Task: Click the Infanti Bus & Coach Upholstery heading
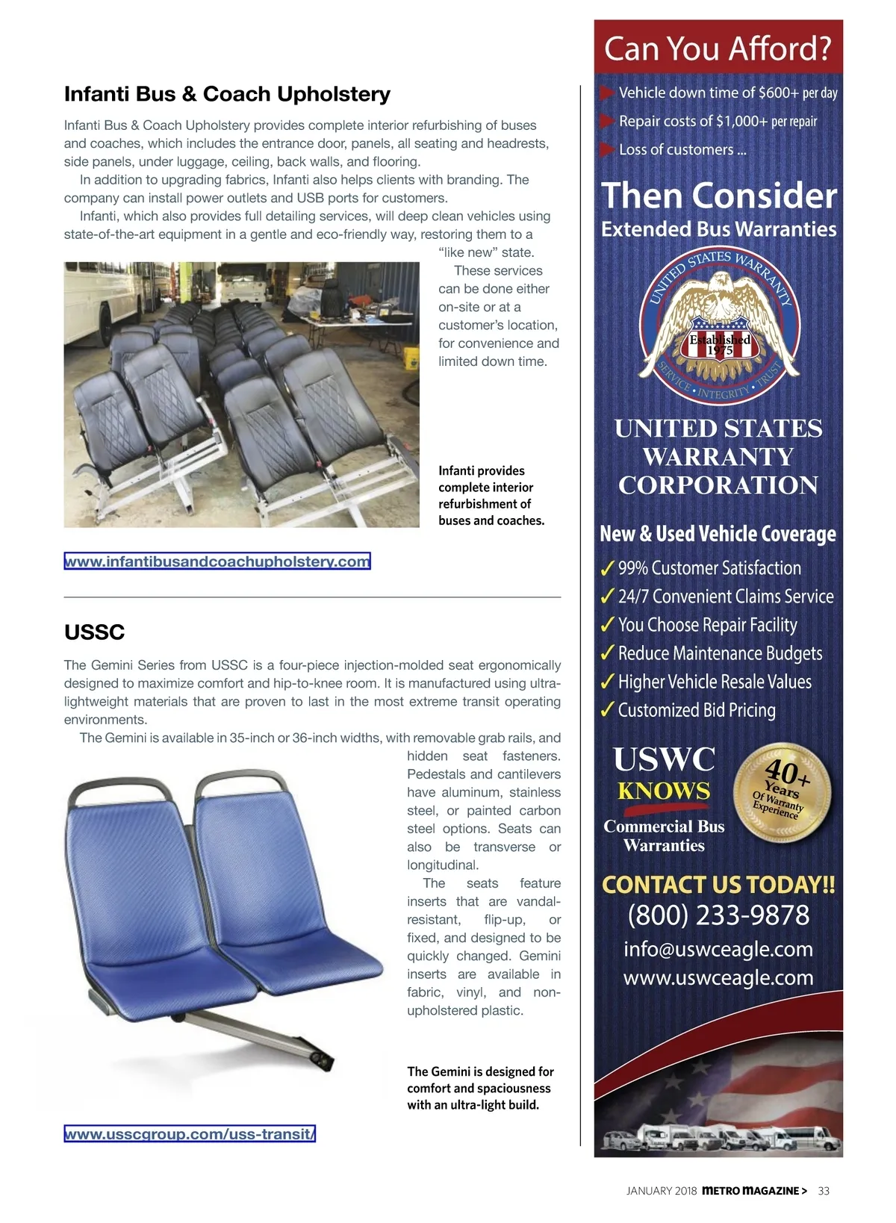[x=227, y=94]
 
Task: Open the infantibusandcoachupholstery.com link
[x=217, y=561]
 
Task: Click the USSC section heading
[x=94, y=632]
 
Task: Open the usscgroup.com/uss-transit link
[x=190, y=1134]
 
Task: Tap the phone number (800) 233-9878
[x=718, y=915]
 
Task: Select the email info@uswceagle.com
[x=718, y=949]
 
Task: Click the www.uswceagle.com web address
[x=718, y=977]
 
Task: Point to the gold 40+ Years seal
[x=782, y=793]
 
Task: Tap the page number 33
[x=824, y=1191]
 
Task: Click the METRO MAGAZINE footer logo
[x=754, y=1191]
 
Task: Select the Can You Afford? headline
[x=718, y=49]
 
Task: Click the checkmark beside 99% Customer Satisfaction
[x=608, y=569]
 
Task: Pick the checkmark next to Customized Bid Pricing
[x=608, y=710]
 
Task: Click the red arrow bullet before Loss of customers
[x=606, y=149]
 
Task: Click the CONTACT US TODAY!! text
[x=718, y=885]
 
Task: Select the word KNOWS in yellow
[x=664, y=791]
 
